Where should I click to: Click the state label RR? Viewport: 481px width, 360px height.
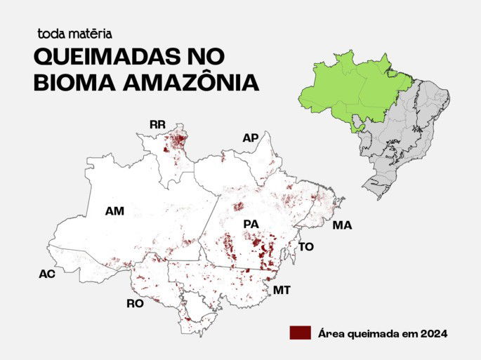(157, 125)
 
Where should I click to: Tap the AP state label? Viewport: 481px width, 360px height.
(250, 138)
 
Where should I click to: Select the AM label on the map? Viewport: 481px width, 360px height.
(114, 211)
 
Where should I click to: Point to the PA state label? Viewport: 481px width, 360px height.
(251, 224)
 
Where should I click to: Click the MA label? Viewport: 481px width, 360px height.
(342, 225)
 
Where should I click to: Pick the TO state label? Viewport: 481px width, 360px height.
(306, 247)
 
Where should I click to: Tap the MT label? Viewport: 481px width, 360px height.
(282, 290)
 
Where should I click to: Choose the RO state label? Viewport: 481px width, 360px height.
(135, 304)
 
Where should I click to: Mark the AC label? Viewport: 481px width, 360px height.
(46, 274)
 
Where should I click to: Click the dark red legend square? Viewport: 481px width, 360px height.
(300, 333)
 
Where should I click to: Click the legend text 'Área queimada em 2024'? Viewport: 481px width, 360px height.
(382, 333)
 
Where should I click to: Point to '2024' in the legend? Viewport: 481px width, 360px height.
(431, 333)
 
